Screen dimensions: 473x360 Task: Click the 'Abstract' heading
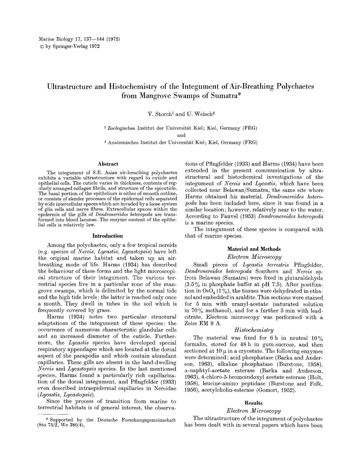point(108,164)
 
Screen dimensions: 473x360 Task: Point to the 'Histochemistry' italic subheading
point(254,330)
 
